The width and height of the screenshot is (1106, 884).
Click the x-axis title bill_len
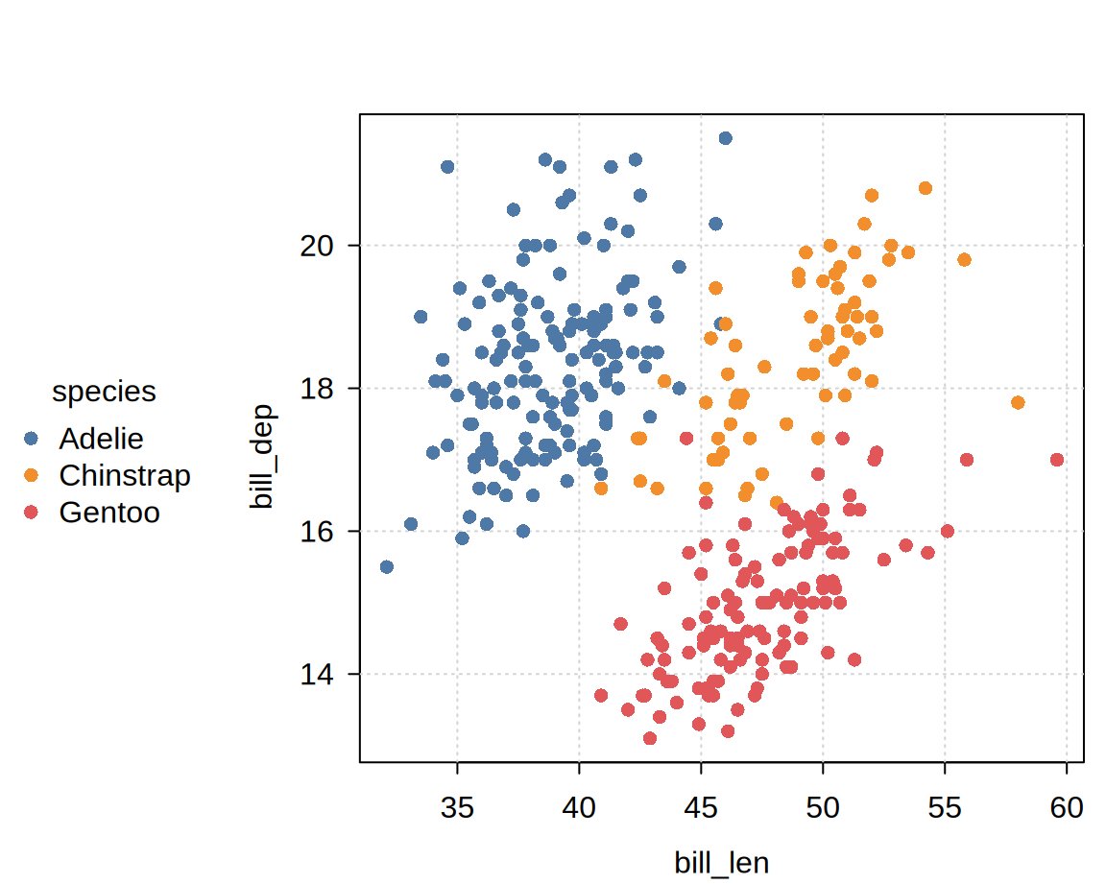point(721,862)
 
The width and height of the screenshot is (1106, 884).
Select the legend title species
point(104,392)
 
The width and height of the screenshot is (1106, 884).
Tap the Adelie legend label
point(101,439)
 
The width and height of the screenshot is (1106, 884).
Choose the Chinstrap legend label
point(125,475)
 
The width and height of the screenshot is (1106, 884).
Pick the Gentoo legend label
point(109,513)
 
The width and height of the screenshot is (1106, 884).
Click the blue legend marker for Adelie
point(31,439)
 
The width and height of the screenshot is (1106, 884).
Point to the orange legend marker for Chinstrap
point(31,475)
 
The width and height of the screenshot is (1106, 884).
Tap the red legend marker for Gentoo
point(31,513)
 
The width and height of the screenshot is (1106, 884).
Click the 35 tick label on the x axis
point(457,807)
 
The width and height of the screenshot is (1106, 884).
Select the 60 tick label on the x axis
point(1067,807)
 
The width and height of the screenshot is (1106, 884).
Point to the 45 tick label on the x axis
point(701,807)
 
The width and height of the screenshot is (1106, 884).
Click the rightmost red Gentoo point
point(1057,460)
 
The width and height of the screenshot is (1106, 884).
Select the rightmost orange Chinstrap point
point(1018,403)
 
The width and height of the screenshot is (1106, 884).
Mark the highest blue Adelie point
point(725,138)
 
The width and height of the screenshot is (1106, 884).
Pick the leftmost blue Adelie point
point(387,567)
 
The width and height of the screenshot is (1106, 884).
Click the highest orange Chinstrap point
point(926,188)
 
